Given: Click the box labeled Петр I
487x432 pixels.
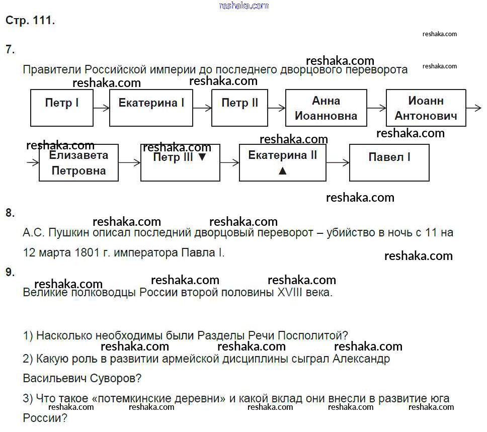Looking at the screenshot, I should pos(61,108).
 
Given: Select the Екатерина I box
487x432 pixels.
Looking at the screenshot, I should pos(151,108).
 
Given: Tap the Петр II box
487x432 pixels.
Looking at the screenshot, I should pos(239,108).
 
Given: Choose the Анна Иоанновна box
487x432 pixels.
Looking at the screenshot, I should pos(326,108).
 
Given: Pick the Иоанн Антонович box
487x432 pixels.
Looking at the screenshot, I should pos(426,108).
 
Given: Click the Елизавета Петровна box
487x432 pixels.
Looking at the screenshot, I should pos(78,163).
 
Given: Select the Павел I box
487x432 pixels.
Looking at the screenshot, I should pos(389,162).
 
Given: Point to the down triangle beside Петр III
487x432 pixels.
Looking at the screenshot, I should pos(202,157).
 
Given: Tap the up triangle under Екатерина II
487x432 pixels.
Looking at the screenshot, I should pos(282,170).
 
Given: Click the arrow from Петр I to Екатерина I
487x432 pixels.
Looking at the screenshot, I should pos(101,108).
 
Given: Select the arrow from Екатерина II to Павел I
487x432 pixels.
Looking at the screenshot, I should pos(338,162).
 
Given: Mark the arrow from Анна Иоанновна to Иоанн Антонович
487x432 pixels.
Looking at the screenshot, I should pos(376,108).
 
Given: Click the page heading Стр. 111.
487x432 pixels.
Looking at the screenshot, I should pos(30,21).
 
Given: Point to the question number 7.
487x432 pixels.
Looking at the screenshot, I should pos(10,49).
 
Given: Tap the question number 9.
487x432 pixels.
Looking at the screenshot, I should pos(10,272).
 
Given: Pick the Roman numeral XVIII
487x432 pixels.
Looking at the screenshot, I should pos(290,292).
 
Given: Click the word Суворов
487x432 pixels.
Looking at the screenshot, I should pos(115,378).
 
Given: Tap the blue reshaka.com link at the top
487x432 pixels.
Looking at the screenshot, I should pos(244,6).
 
